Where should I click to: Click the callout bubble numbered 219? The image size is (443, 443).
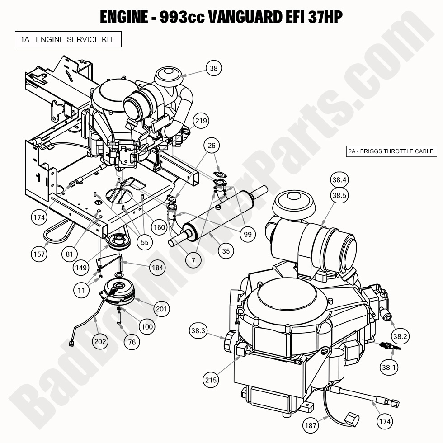pyautogui.click(x=201, y=121)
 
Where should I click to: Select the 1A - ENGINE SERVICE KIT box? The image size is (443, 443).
pyautogui.click(x=68, y=40)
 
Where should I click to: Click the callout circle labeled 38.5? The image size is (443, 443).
pyautogui.click(x=339, y=195)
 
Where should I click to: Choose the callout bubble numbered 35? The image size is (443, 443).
pyautogui.click(x=226, y=251)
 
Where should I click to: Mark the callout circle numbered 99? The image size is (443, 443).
pyautogui.click(x=247, y=234)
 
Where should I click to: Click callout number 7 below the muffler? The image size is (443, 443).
pyautogui.click(x=193, y=260)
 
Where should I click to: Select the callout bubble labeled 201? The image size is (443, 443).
pyautogui.click(x=161, y=309)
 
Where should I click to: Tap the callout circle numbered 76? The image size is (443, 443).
pyautogui.click(x=132, y=342)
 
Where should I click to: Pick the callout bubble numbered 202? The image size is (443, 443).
pyautogui.click(x=100, y=341)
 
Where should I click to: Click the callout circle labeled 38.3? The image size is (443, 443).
pyautogui.click(x=198, y=331)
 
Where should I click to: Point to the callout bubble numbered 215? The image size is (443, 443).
pyautogui.click(x=211, y=380)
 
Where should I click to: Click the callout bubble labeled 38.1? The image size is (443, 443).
pyautogui.click(x=389, y=368)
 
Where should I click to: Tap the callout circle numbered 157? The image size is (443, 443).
pyautogui.click(x=39, y=254)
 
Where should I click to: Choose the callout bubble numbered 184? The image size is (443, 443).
pyautogui.click(x=157, y=268)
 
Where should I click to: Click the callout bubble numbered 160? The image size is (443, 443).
pyautogui.click(x=159, y=227)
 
